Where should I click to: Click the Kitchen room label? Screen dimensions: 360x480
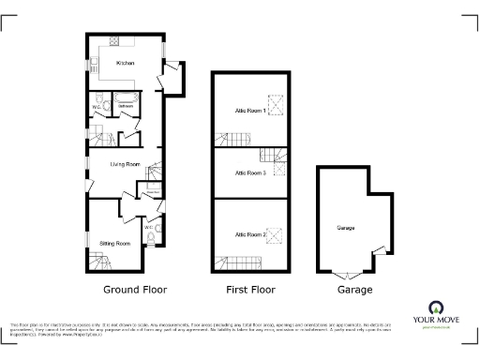click(125, 63)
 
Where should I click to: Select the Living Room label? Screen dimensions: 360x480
click(125, 164)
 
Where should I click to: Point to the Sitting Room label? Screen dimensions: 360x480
click(114, 243)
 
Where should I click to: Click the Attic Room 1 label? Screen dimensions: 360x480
click(250, 111)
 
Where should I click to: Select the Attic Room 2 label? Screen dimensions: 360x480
click(250, 234)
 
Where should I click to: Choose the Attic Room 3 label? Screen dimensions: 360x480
click(248, 173)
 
